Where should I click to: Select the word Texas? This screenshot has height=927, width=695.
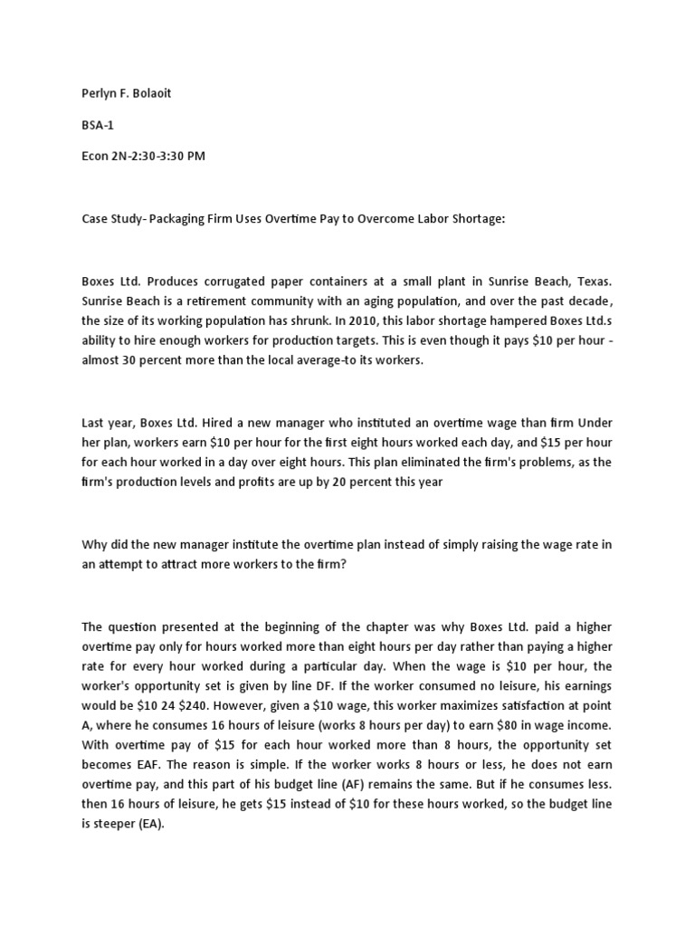pyautogui.click(x=606, y=281)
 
